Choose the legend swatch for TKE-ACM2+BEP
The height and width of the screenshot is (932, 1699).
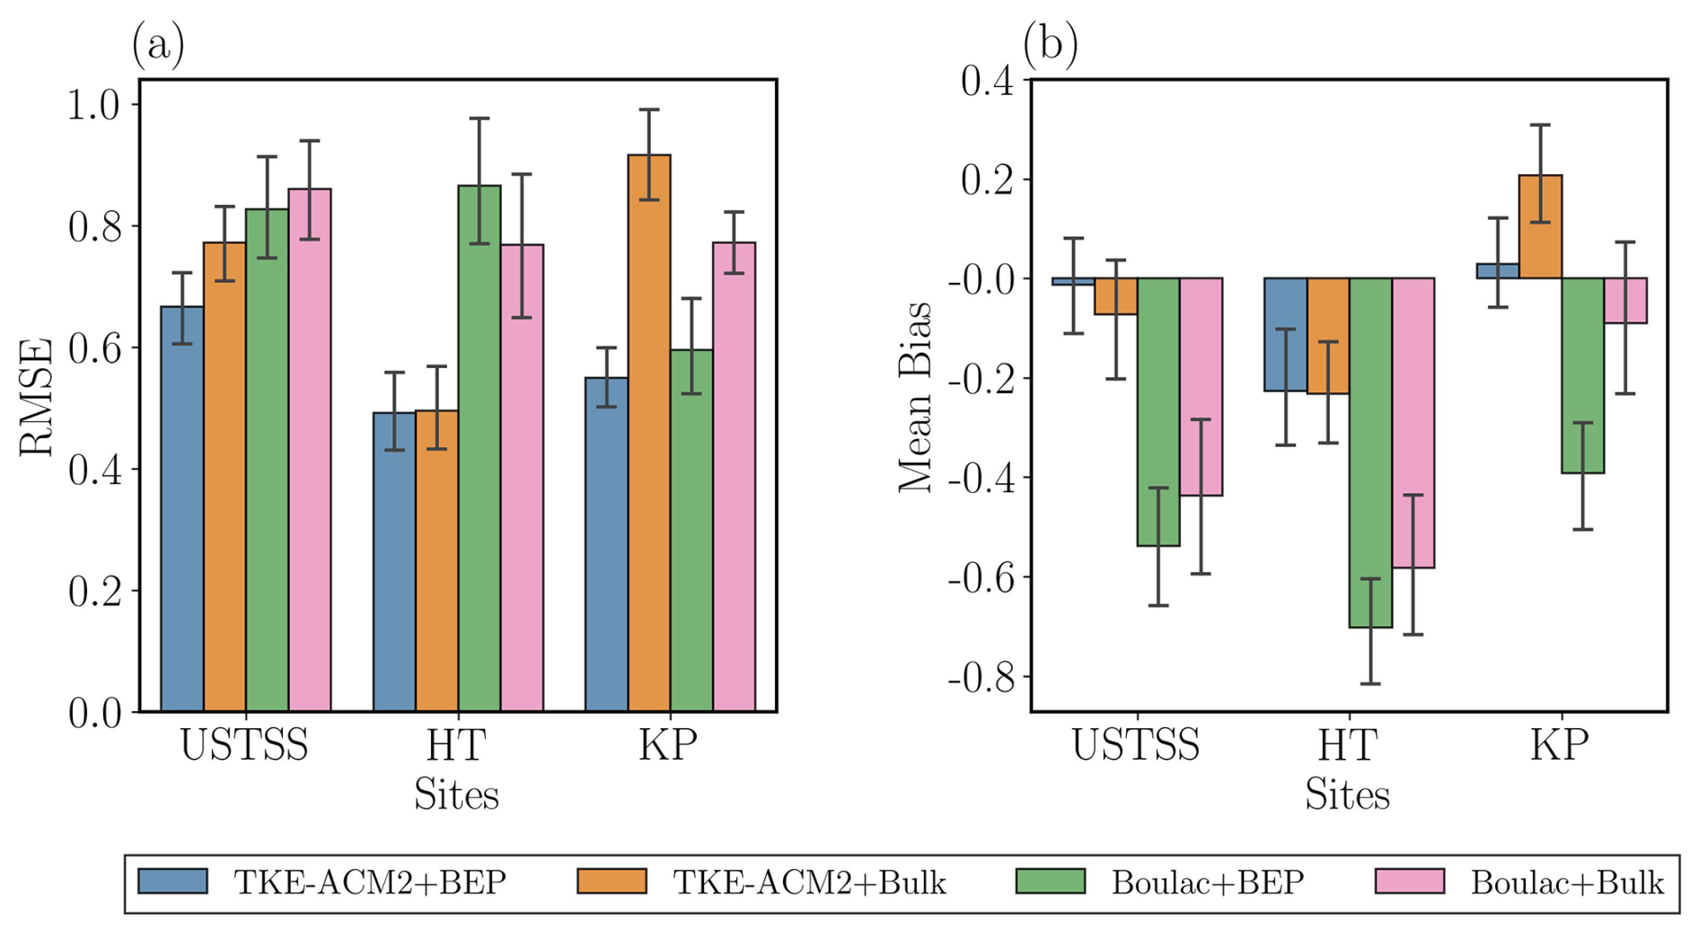pos(173,882)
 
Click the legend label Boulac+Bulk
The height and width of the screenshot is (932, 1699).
pos(1567,884)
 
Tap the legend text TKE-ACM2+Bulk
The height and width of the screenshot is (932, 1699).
pos(809,884)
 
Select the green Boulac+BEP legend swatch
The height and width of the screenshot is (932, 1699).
pos(1050,882)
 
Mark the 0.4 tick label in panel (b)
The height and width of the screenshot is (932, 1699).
pos(986,82)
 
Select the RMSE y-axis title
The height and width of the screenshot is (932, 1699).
pos(37,397)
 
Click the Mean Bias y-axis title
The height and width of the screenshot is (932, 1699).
pos(916,397)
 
